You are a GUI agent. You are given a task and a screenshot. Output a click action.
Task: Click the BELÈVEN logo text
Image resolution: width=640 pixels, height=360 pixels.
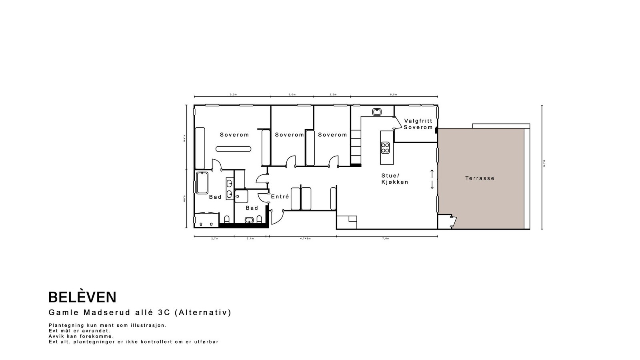pos(82,297)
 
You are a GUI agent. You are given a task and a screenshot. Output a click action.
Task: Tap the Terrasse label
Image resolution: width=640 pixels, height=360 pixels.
pos(480,178)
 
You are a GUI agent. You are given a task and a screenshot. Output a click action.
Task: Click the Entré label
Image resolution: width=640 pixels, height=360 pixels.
pos(280,197)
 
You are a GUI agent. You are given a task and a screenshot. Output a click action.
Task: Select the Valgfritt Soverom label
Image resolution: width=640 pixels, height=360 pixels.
pos(418,124)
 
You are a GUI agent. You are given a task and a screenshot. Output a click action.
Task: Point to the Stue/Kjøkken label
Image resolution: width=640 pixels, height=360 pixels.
pos(394,179)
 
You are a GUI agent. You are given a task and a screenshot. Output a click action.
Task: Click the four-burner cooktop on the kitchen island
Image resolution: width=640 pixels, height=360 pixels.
pos(385,148)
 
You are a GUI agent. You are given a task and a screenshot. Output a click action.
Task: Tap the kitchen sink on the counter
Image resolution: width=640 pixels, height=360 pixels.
pos(377,112)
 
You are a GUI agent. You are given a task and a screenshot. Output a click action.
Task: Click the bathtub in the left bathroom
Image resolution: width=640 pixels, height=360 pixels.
pos(202,183)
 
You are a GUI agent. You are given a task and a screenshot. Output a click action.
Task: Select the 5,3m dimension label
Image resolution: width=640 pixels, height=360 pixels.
pos(233,95)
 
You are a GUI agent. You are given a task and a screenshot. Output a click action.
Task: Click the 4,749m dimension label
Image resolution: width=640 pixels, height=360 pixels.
pos(305,238)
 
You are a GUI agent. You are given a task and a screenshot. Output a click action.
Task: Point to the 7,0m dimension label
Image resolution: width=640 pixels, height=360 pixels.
pos(386,238)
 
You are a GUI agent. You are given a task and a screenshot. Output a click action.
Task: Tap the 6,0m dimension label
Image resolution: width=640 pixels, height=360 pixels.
pos(394,95)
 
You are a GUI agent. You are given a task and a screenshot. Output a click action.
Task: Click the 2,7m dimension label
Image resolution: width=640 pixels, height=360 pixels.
pos(214,238)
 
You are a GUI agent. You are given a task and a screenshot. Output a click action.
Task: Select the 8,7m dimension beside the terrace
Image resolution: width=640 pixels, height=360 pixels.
pos(544,163)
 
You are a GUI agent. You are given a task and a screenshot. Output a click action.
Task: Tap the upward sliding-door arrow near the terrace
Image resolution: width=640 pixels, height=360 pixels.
pos(432,173)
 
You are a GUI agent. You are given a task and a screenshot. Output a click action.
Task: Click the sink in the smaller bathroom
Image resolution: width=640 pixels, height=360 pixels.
pos(249,220)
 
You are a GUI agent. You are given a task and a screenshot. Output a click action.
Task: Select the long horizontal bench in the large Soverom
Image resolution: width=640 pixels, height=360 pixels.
pos(234,149)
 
